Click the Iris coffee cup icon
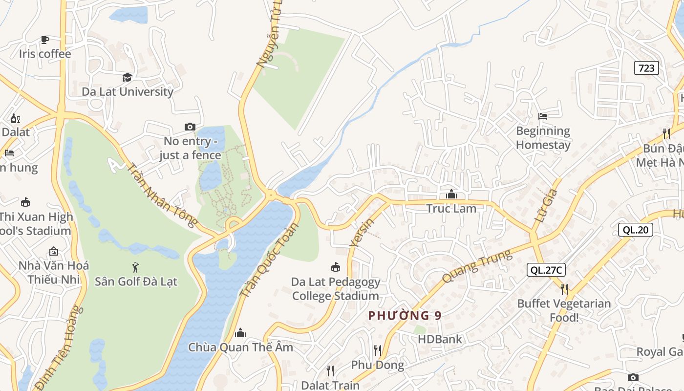tap(45, 40)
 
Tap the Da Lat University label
tap(127, 91)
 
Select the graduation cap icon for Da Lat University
tap(127, 77)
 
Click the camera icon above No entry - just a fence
tap(190, 127)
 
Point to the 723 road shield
tap(646, 68)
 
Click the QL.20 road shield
tap(635, 230)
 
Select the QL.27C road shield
tap(546, 270)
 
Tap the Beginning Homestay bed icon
tap(543, 116)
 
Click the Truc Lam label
tap(451, 208)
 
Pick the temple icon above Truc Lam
tap(451, 195)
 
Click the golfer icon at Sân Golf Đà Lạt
tap(136, 267)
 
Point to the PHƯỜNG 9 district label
tap(405, 316)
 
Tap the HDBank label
tap(440, 339)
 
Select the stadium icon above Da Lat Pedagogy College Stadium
tap(335, 267)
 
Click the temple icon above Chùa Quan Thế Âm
tap(240, 333)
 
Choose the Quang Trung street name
tap(476, 266)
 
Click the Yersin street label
tap(362, 233)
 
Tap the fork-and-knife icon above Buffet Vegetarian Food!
tap(564, 289)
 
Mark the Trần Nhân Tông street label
tap(162, 195)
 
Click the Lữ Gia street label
tap(546, 206)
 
